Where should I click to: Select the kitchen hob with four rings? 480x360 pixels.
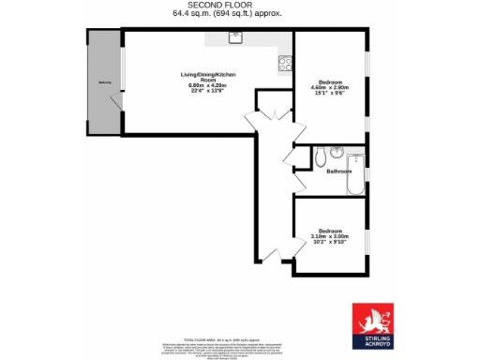[x=284, y=64]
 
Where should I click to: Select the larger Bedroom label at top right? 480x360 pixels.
[x=329, y=82]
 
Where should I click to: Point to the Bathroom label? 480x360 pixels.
[x=338, y=172]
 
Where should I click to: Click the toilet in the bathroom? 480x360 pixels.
[x=321, y=153]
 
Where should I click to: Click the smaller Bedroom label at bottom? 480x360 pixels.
[x=329, y=231]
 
